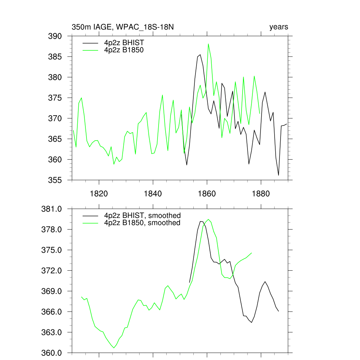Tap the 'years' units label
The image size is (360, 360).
[x=278, y=27]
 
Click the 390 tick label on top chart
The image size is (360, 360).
[x=55, y=36]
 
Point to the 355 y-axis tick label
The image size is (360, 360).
[x=55, y=180]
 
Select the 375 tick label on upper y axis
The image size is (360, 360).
[x=55, y=98]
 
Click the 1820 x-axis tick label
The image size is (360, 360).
[x=99, y=194]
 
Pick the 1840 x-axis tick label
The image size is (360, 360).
[x=153, y=194]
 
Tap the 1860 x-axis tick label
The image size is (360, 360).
[x=207, y=194]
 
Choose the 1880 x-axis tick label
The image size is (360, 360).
[x=261, y=194]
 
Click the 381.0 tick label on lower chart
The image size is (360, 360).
[x=52, y=209]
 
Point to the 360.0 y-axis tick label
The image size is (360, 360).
[x=52, y=353]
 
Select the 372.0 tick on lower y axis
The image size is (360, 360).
[x=52, y=271]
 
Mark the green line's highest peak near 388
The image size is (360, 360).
[x=208, y=44]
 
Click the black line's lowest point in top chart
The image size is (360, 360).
[x=278, y=175]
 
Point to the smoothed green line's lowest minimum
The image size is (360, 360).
[x=114, y=348]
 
